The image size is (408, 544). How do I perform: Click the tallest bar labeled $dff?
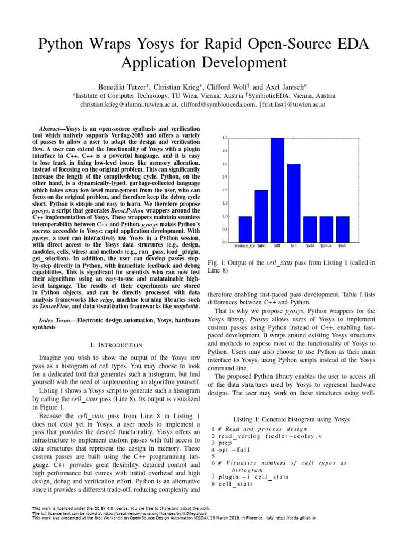[x=277, y=190]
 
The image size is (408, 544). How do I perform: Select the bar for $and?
[x=261, y=216]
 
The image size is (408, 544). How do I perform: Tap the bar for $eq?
[x=294, y=203]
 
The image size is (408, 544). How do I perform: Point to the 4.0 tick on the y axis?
[x=225, y=138]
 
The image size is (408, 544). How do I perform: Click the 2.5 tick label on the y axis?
[x=225, y=177]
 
